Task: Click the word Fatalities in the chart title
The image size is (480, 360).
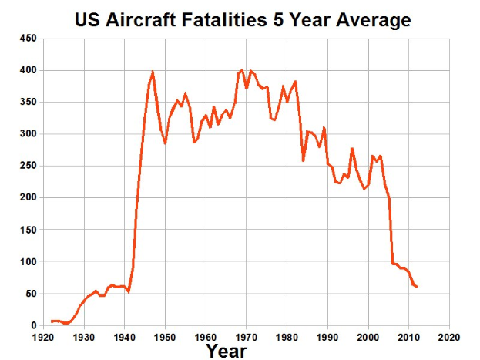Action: click(227, 19)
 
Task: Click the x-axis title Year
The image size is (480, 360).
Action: click(227, 351)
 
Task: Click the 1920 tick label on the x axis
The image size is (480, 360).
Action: click(43, 337)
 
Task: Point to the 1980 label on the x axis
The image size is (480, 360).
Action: click(287, 337)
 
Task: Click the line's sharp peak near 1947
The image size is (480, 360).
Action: click(153, 72)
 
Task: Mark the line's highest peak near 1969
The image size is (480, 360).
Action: click(242, 70)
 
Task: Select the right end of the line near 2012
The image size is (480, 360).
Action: click(417, 287)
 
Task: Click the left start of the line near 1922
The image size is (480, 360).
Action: click(52, 321)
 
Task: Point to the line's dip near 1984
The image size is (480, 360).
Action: click(304, 160)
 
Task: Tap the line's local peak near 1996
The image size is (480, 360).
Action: click(351, 148)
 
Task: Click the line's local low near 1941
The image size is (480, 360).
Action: click(129, 292)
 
